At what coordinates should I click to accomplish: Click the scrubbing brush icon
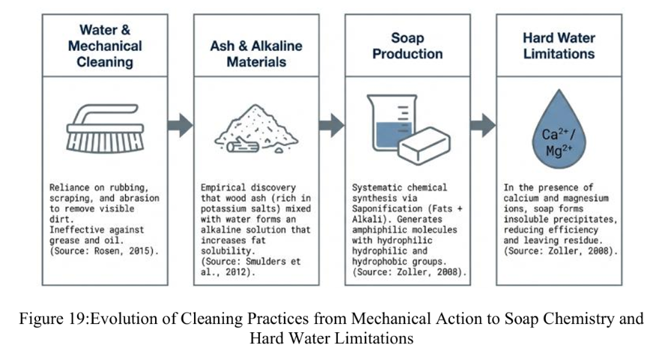click(x=106, y=129)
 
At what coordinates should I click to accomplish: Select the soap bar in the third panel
click(x=424, y=145)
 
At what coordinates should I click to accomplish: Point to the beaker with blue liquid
click(x=392, y=123)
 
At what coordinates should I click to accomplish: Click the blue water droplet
click(x=559, y=129)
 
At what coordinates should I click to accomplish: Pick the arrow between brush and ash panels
click(x=180, y=125)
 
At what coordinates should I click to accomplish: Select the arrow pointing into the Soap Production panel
click(x=332, y=125)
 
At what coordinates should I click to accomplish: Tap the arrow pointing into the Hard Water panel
click(x=483, y=125)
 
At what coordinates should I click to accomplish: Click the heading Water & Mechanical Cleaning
click(x=105, y=46)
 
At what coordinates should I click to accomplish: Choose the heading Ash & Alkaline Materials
click(x=256, y=54)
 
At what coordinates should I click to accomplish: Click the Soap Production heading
click(x=407, y=46)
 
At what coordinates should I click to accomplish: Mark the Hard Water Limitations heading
click(x=559, y=46)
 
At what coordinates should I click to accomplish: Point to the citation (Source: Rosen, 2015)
click(x=104, y=251)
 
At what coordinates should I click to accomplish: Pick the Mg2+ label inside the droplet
click(x=559, y=150)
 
